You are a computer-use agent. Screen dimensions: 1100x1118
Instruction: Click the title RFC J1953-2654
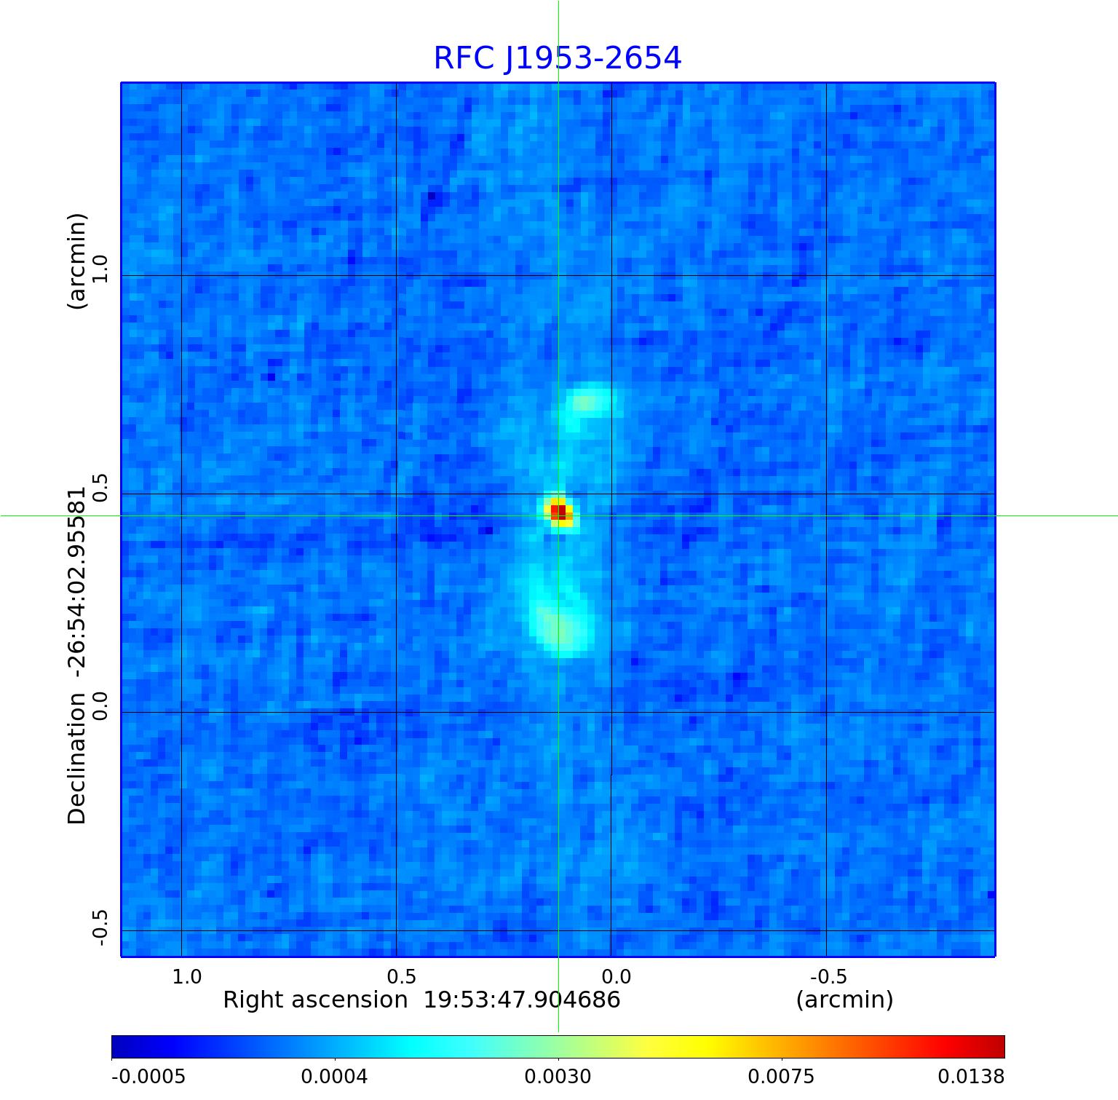(x=558, y=58)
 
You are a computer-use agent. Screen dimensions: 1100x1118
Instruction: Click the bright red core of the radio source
(x=558, y=512)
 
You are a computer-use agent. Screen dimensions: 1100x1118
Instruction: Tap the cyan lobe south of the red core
(x=559, y=625)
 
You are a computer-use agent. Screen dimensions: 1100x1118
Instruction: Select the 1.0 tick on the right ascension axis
(x=187, y=976)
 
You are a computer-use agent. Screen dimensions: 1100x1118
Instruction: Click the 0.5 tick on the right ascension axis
(x=401, y=976)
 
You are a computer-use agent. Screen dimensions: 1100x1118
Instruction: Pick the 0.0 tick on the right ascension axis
(x=616, y=976)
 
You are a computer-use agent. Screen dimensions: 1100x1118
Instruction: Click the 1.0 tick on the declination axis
(x=100, y=269)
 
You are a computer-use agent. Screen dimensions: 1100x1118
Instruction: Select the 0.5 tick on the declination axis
(x=100, y=486)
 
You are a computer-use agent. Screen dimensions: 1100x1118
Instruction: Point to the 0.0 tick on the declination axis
(x=100, y=705)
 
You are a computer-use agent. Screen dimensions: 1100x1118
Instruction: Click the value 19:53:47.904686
(x=522, y=1000)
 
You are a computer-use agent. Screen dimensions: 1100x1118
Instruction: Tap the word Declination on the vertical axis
(x=77, y=759)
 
